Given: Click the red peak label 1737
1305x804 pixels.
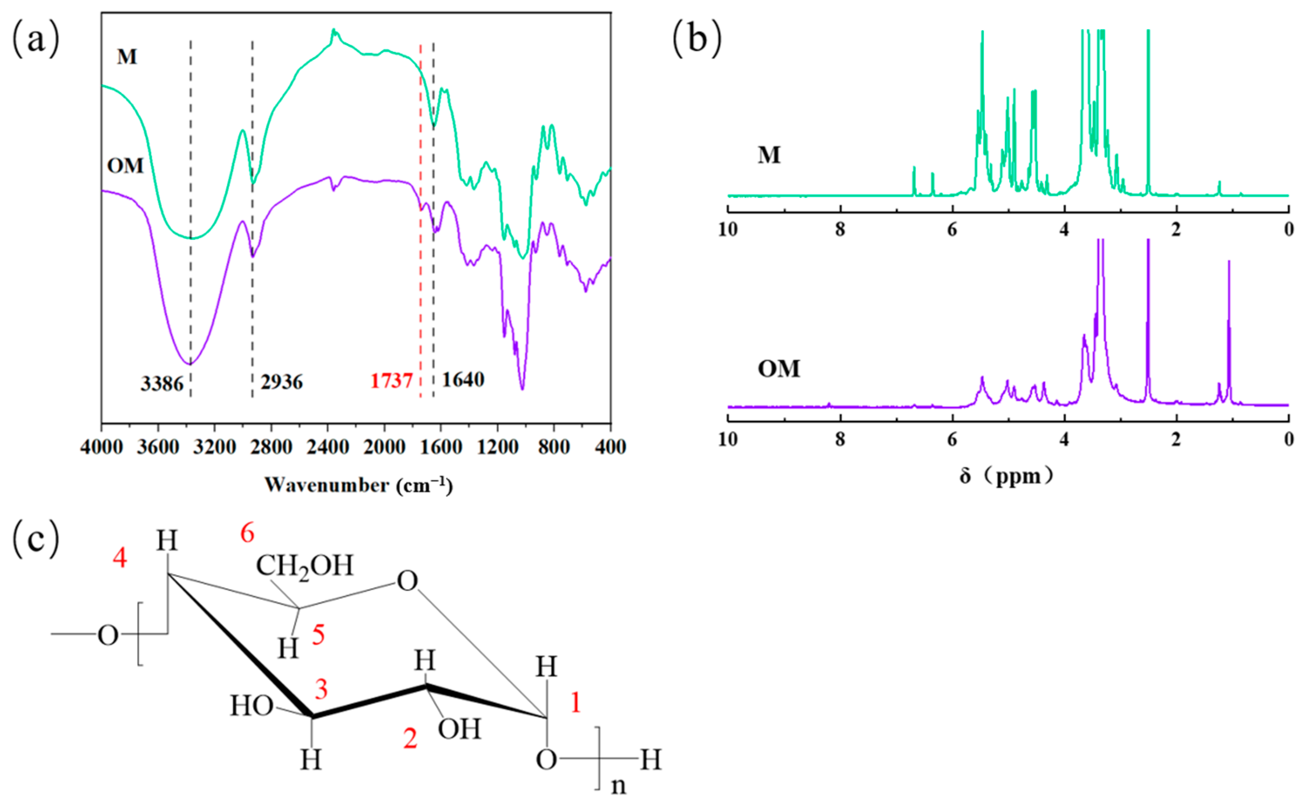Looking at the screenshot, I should (x=391, y=381).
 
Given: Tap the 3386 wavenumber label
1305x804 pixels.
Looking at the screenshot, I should (x=162, y=383).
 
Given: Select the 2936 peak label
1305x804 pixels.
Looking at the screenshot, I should (x=282, y=382).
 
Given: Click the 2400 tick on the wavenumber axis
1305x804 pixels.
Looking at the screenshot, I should (x=327, y=447).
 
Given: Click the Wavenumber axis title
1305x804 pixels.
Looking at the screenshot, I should (x=359, y=486).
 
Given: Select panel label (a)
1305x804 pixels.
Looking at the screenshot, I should (x=35, y=40).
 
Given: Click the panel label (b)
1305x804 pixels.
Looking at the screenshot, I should (x=697, y=40).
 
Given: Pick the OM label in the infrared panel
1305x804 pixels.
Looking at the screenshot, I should (x=125, y=166).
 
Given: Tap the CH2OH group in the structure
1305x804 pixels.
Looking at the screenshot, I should (x=305, y=566).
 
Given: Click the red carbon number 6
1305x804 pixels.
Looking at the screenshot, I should (x=247, y=533).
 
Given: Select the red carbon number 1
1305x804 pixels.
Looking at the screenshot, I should (x=575, y=702).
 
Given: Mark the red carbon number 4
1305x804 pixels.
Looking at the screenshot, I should (x=120, y=558).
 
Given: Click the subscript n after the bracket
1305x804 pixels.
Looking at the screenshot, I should (x=618, y=785).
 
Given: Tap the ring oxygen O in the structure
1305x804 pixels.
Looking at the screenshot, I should (x=408, y=582).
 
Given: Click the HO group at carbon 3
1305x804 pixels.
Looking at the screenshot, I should (x=251, y=707).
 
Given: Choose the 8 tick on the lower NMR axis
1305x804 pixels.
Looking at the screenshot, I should (x=840, y=439).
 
